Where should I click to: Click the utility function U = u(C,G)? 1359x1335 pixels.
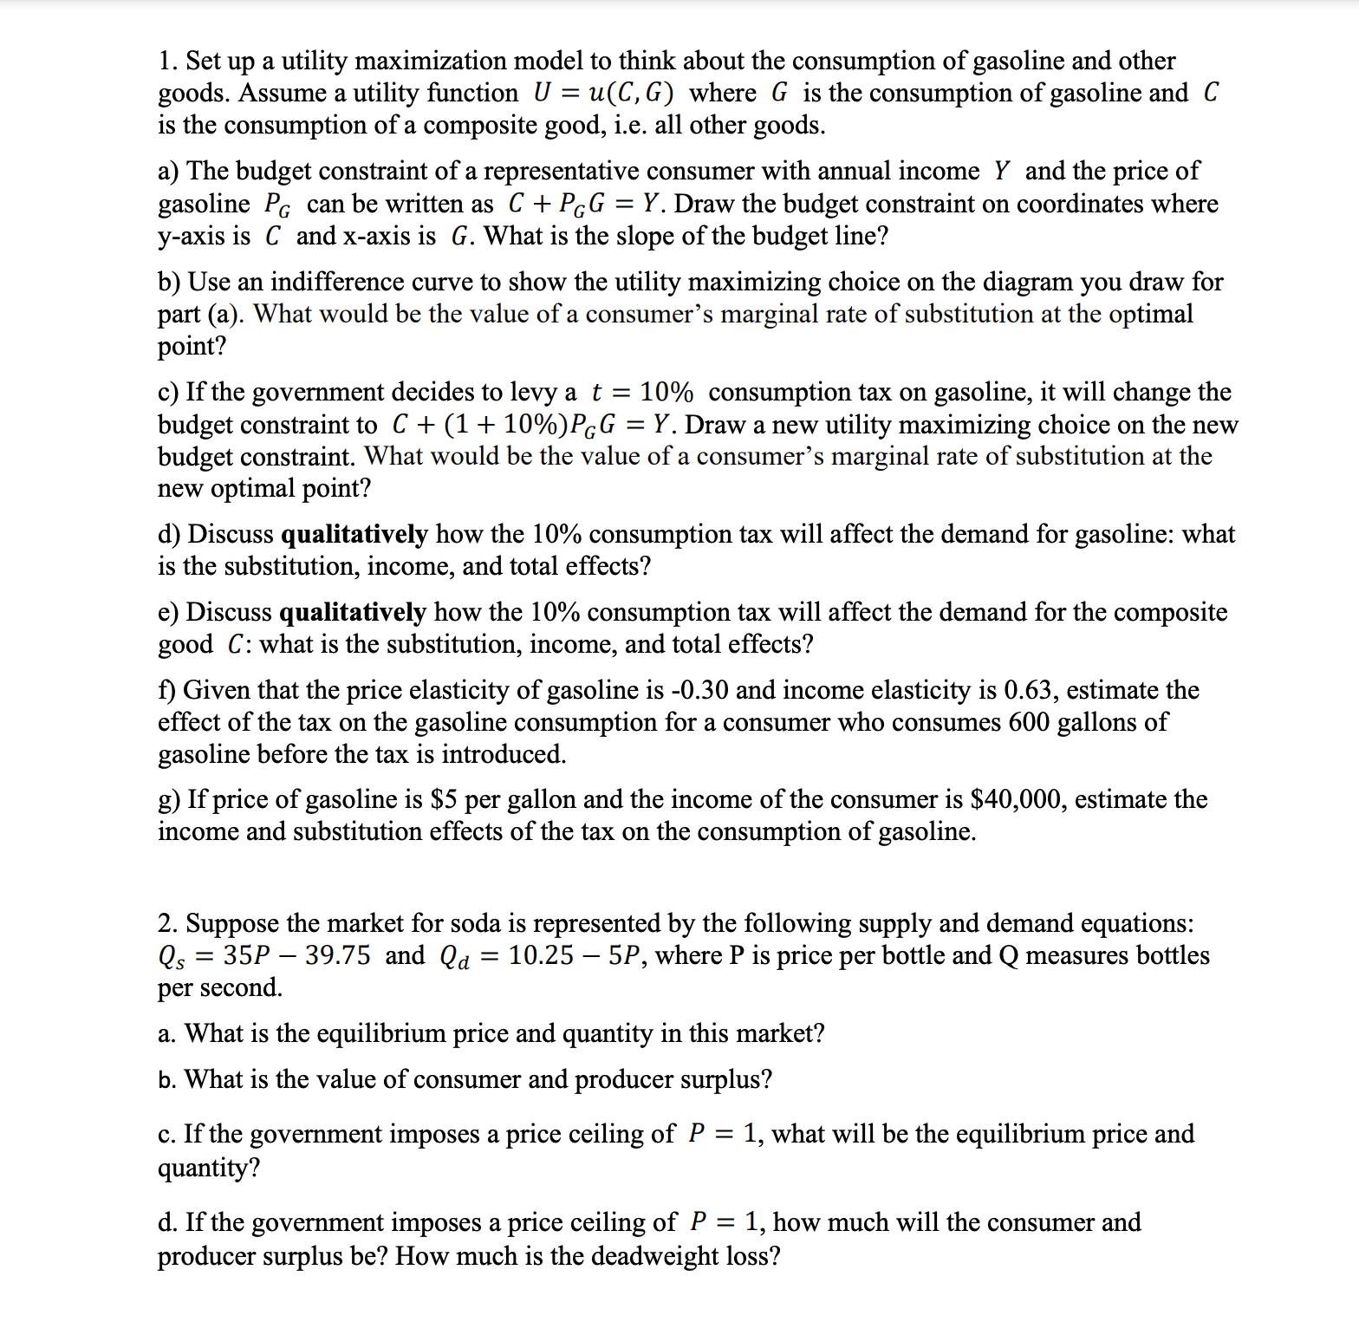[x=603, y=93]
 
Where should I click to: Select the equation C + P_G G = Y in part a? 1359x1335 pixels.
[x=588, y=204]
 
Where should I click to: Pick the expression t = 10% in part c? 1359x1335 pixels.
[x=642, y=392]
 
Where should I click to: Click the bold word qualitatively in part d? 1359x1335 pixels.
[x=354, y=534]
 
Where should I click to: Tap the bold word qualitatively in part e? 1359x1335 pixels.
[x=353, y=612]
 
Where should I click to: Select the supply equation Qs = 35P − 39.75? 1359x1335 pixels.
[x=264, y=955]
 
